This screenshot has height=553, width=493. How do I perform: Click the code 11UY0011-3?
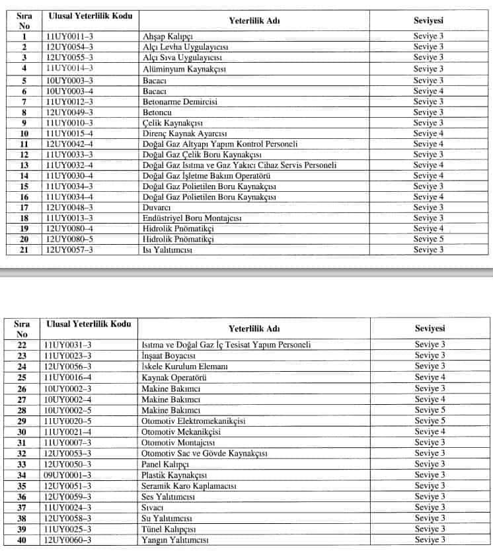[69, 37]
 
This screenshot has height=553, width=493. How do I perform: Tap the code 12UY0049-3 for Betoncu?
[69, 112]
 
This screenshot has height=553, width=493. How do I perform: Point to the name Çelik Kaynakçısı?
[172, 123]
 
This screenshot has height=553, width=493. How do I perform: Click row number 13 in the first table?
[24, 165]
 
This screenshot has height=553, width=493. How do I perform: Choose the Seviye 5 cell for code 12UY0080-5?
[428, 239]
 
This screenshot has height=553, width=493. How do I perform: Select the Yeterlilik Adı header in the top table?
[255, 21]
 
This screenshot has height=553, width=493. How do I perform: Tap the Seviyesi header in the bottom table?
[430, 329]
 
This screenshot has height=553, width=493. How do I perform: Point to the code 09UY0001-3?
[67, 475]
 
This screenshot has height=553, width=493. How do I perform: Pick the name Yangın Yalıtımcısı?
[175, 540]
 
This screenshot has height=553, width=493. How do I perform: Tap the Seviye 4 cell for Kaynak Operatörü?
[430, 377]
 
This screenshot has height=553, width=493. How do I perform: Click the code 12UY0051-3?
[67, 486]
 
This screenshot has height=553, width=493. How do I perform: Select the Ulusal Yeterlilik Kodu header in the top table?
[89, 15]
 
